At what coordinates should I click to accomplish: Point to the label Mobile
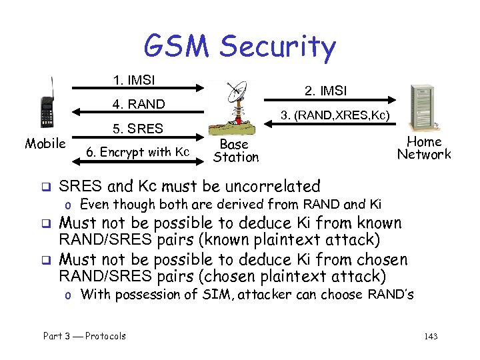(45, 143)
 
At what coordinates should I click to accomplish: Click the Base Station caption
(235, 151)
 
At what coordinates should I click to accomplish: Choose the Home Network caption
(424, 148)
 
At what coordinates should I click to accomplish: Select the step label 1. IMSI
(134, 81)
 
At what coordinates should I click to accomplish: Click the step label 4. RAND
(137, 104)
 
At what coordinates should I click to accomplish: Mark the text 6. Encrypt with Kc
(138, 152)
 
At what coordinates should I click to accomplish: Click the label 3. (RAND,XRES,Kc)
(335, 115)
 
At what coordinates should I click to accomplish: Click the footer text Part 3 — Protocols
(84, 336)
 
